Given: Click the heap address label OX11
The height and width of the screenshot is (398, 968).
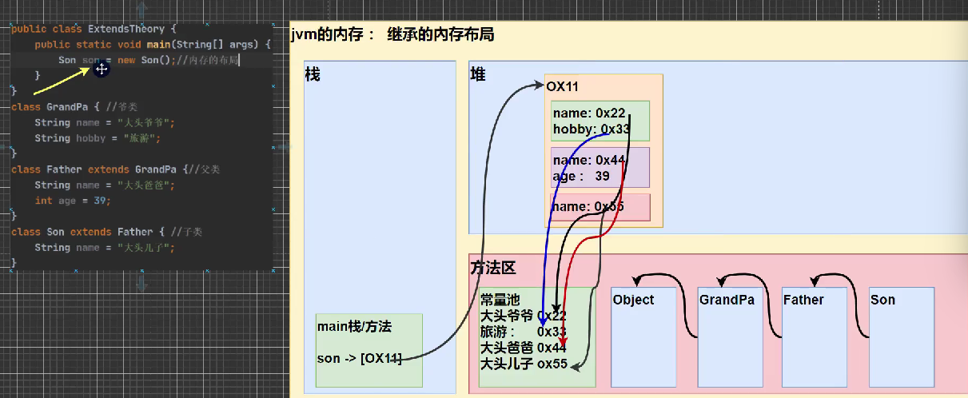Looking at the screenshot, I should click(x=563, y=86).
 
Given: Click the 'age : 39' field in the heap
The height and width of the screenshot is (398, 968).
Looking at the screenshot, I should click(x=582, y=175).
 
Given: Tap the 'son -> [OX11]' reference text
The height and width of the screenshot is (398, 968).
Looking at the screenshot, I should click(x=360, y=358).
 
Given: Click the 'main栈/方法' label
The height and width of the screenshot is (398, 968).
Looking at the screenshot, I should click(x=354, y=326).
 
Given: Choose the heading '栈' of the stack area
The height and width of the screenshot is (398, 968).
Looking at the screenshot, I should click(x=313, y=74).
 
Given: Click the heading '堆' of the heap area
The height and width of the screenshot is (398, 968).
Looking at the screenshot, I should click(x=477, y=74).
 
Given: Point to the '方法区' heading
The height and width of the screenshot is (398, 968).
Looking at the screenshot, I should click(x=492, y=268).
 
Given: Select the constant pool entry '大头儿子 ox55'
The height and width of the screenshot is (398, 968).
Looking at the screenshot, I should click(x=524, y=364).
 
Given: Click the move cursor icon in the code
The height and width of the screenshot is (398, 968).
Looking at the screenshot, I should click(x=101, y=70).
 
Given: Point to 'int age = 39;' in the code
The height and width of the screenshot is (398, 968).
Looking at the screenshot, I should click(x=74, y=201).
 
